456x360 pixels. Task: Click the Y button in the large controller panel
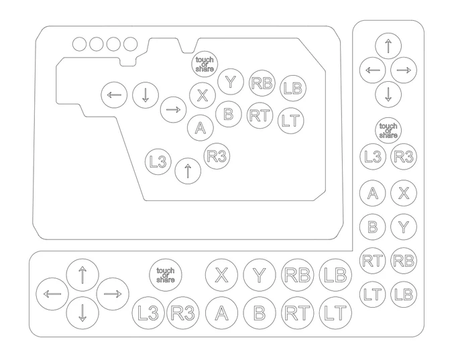coord(231,82)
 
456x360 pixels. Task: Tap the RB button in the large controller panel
coord(262,83)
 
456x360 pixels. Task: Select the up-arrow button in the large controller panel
coord(188,171)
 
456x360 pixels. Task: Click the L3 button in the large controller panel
coord(158,162)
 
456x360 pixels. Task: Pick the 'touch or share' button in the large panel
coord(205,64)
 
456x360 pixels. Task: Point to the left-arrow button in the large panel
coord(114,95)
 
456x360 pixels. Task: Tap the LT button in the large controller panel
coord(291,121)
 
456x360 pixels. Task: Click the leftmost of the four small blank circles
coord(79,44)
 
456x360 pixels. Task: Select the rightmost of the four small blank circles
coord(130,44)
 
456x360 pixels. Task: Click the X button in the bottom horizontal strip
coord(221,275)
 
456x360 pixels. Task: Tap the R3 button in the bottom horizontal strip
coord(182,313)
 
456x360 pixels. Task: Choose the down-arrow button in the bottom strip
coord(82,313)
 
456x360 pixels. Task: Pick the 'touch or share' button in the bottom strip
coord(166,275)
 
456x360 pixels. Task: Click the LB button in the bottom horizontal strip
coord(335,275)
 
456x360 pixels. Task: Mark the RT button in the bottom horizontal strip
coord(298,313)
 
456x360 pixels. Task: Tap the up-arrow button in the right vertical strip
coord(388,46)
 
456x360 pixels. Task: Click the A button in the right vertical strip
coord(373,193)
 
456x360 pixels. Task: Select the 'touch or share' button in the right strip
coord(388,131)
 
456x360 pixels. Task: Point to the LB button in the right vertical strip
coord(404,294)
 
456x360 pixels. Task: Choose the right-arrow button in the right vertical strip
coord(404,70)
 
